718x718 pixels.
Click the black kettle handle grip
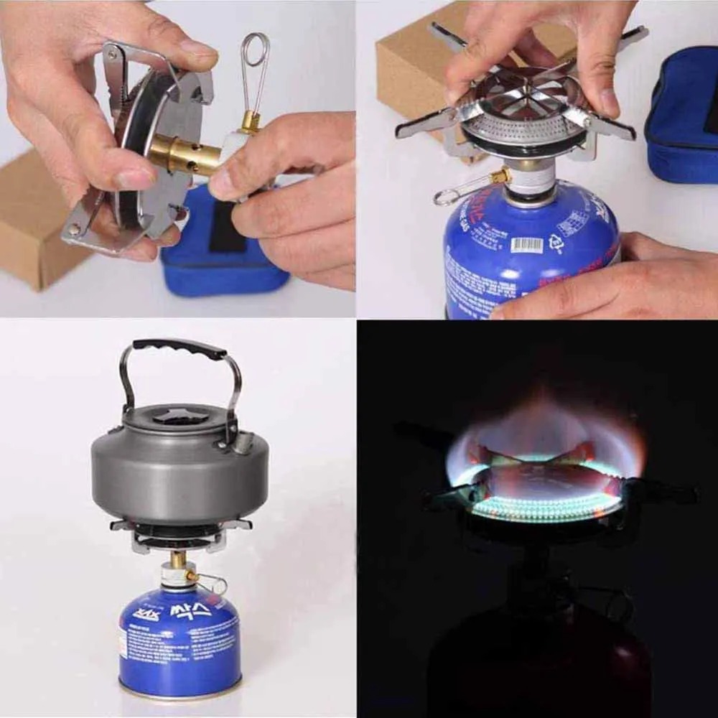point(179,348)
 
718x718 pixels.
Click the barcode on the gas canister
point(526,244)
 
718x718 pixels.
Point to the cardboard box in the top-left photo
point(32,215)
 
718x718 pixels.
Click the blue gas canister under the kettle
point(179,639)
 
